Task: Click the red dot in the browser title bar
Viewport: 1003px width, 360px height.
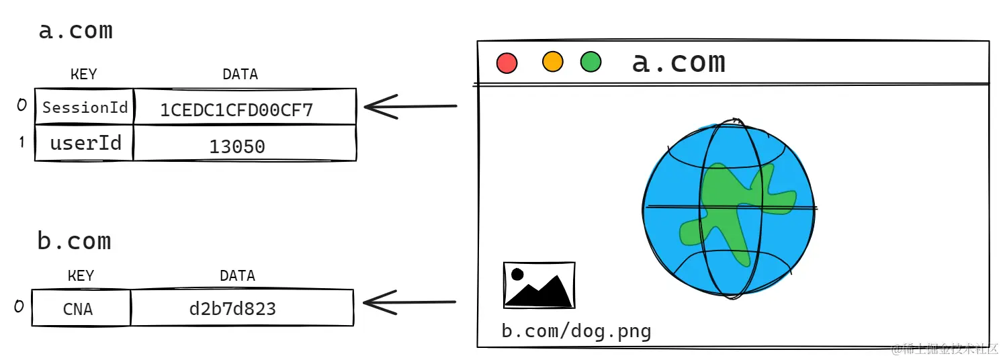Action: (x=507, y=63)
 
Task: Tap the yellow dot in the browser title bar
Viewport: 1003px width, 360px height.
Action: (x=552, y=62)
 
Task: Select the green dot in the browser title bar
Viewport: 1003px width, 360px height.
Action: (x=591, y=62)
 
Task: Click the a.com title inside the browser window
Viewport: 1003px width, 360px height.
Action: (x=679, y=62)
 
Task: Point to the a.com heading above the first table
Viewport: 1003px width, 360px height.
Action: (x=75, y=31)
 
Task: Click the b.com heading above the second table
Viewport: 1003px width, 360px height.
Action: (x=74, y=241)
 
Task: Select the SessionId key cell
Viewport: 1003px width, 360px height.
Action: (x=85, y=107)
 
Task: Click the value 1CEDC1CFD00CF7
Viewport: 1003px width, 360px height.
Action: (x=236, y=110)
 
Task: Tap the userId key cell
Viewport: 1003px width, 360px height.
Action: (x=85, y=143)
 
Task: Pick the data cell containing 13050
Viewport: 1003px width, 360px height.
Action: (x=236, y=146)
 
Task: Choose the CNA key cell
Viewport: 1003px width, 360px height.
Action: (x=78, y=309)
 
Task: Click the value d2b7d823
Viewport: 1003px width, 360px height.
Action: (x=232, y=309)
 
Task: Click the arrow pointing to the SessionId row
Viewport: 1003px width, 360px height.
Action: (x=410, y=106)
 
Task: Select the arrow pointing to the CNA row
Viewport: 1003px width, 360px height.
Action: (x=410, y=302)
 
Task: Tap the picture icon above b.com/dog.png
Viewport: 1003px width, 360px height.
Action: (x=539, y=285)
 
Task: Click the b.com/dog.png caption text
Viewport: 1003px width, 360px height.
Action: (x=576, y=331)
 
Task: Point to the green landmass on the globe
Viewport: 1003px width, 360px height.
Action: (x=732, y=208)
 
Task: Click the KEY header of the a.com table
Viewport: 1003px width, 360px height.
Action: (x=84, y=75)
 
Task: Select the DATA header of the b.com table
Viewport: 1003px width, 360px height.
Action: (x=237, y=276)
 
